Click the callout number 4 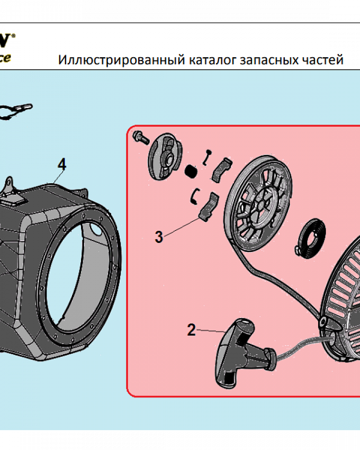(x=62, y=165)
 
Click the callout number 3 (x=158, y=237)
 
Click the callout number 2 (x=191, y=330)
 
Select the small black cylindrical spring (x=191, y=171)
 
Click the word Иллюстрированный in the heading (x=119, y=60)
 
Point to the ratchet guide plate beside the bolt (x=164, y=155)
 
